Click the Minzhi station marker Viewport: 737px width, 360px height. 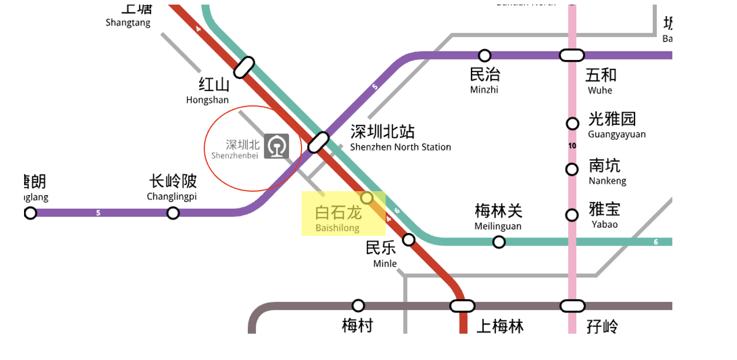click(485, 56)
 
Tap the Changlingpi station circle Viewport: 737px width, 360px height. click(173, 213)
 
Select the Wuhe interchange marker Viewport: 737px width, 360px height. click(572, 56)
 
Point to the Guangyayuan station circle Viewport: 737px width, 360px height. click(572, 124)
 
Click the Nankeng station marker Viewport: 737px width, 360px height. click(572, 169)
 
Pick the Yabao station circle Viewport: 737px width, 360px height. click(572, 215)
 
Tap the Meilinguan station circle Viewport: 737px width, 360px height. click(499, 242)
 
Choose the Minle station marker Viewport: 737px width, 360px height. click(409, 239)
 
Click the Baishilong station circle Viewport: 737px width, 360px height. click(367, 198)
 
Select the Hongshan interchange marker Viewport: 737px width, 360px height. click(244, 67)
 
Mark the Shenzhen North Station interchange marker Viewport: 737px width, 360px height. click(319, 142)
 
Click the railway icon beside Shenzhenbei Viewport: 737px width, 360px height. click(276, 147)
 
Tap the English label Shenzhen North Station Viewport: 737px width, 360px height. click(401, 147)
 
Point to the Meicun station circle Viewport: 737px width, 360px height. click(358, 306)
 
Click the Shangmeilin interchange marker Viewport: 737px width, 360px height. click(462, 306)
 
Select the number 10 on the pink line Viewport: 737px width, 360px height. click(572, 146)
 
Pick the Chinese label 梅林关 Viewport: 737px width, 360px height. click(498, 211)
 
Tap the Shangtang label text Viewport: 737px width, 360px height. click(128, 23)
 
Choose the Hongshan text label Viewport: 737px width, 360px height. click(208, 92)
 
